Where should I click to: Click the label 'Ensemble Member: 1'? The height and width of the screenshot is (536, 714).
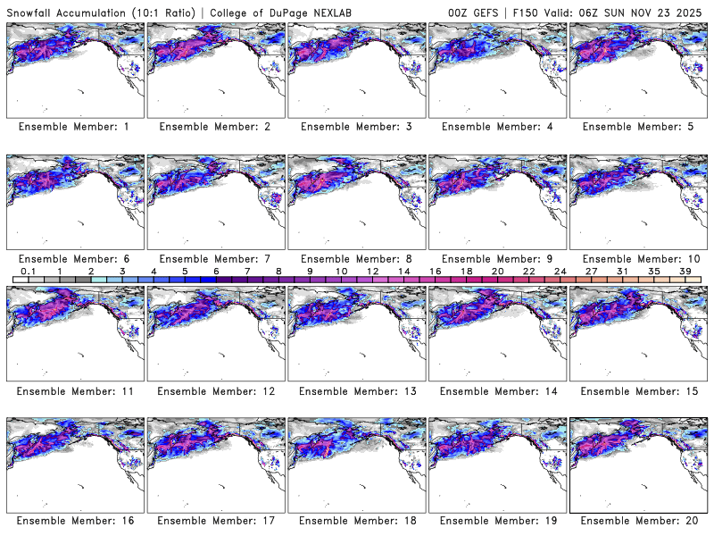73,127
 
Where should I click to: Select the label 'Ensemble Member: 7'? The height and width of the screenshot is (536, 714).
214,258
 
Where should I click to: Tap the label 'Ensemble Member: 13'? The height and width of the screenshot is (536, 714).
355,390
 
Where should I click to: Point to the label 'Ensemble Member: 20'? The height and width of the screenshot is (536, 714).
637,521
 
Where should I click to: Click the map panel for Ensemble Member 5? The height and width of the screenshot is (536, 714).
637,70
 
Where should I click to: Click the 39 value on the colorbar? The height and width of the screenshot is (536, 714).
684,271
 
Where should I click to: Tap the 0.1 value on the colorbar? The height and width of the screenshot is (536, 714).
28,271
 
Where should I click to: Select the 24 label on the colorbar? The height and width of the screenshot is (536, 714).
559,271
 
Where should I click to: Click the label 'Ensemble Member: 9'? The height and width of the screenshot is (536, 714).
496,258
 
